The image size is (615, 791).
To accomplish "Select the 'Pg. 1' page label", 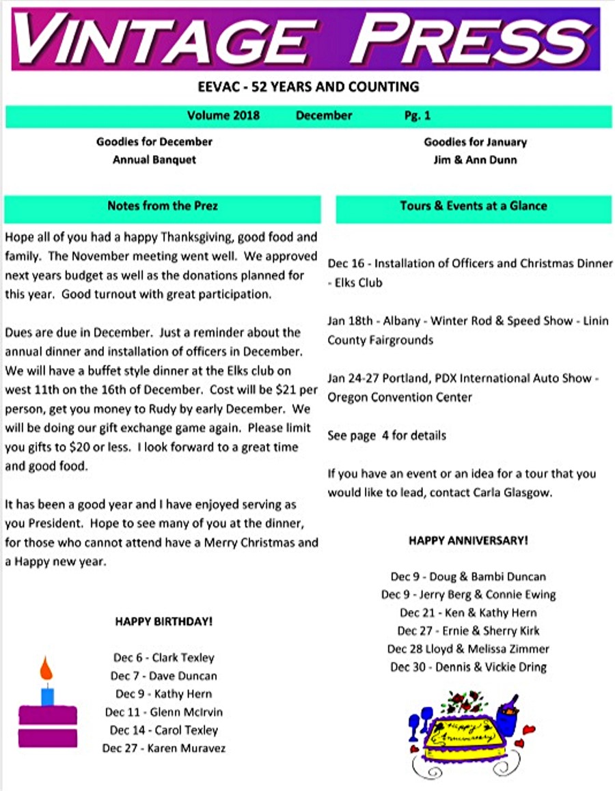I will point(417,115).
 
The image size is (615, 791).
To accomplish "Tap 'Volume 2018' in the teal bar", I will point(223,115).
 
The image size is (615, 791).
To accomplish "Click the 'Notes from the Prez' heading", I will point(163,206).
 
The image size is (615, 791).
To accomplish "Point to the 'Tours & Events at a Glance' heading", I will point(474,206).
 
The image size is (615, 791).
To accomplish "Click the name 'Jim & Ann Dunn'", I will point(475,160).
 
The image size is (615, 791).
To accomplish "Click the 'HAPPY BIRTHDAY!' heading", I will point(163,622).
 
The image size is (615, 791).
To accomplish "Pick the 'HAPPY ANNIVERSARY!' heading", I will point(468,540).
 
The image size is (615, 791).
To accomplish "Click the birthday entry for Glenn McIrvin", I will point(164,712).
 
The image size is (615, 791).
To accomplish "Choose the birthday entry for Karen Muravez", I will point(164,749).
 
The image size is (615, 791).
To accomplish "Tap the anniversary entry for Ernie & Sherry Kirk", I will point(468,631).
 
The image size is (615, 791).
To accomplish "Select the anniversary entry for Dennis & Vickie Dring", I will point(468,667).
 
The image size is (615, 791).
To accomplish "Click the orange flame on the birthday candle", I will point(46,669).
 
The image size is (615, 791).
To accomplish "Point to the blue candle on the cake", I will point(47,696).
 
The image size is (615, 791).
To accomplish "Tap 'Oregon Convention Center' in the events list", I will point(400,398).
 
